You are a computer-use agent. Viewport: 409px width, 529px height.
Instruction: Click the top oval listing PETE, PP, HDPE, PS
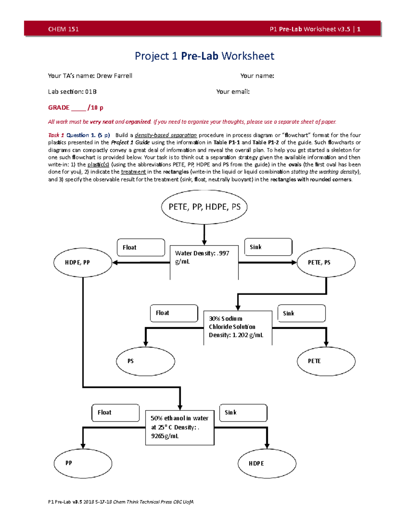tap(204, 207)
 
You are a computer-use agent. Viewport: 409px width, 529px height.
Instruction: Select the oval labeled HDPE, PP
tap(83, 262)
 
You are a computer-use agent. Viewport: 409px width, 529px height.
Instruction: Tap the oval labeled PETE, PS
tap(326, 262)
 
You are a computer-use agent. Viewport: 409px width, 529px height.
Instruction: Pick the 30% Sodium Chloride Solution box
tap(238, 327)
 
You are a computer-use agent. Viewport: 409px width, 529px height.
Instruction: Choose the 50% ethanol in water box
tap(180, 427)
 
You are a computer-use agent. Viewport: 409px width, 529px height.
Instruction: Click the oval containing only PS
tap(146, 361)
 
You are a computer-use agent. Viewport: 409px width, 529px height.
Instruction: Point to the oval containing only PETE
tap(326, 361)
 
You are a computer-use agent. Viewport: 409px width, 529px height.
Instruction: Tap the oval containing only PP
tap(83, 463)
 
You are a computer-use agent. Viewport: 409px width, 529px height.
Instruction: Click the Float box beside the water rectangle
tap(141, 247)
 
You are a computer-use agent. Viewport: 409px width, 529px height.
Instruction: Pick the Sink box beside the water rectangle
tap(268, 247)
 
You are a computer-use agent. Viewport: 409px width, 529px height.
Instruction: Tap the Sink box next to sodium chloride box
tap(301, 313)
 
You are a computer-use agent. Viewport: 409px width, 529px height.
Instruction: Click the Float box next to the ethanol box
tap(116, 413)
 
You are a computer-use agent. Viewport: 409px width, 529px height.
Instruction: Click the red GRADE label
tap(59, 108)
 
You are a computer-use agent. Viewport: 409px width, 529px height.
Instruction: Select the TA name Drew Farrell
tap(114, 76)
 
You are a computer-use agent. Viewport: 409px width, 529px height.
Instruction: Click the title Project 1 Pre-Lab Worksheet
tap(204, 56)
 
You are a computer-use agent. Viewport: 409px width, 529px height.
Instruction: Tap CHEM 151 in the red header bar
tap(63, 29)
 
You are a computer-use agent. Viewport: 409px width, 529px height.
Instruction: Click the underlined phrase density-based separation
tap(166, 135)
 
